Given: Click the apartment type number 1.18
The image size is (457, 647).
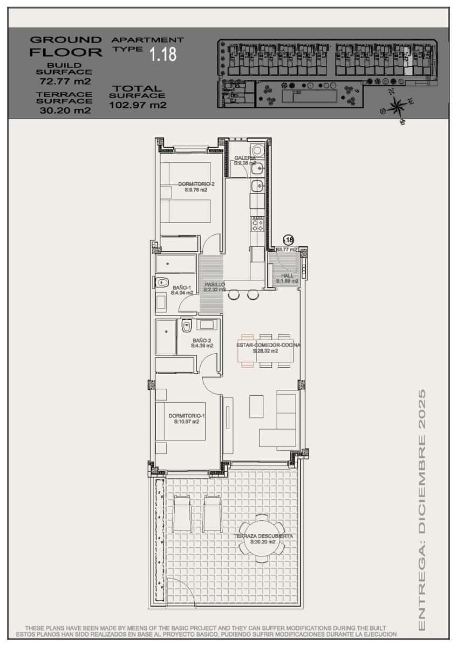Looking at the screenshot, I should pos(163,54).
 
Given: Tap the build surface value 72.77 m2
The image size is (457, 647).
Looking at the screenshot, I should pos(65,81).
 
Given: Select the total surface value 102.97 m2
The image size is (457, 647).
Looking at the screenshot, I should pos(138,105).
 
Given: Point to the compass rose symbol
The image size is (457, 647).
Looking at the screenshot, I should pos(397,106).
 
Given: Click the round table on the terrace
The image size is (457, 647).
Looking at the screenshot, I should pos(262,542).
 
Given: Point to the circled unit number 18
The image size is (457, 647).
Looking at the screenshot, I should pos(289,240).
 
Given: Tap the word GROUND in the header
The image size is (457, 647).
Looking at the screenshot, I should pos(65,39).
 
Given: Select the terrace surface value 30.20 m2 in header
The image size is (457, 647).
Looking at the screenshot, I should pos(65,110).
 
